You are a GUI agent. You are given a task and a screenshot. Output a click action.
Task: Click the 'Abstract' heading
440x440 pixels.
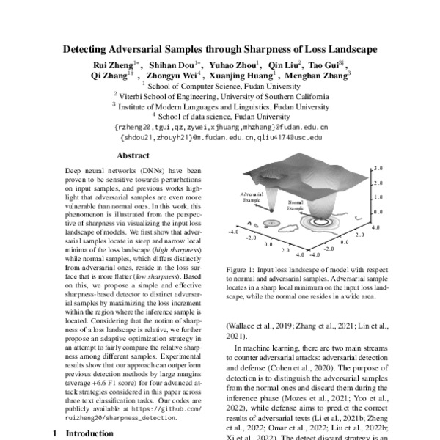133,155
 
